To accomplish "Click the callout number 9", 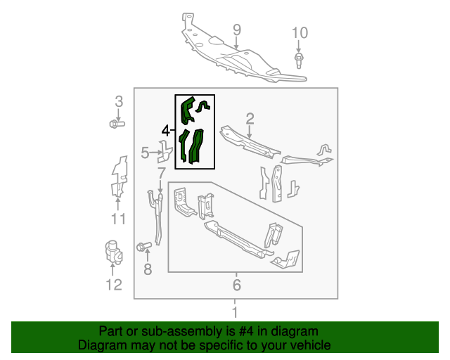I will (x=237, y=30).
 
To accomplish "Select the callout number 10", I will (x=300, y=32).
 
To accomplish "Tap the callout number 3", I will (x=118, y=101).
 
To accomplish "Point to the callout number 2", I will (x=250, y=118).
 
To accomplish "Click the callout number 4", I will (x=166, y=130).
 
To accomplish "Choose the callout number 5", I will (x=146, y=153).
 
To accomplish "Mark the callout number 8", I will (x=147, y=269).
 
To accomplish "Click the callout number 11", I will (x=118, y=219).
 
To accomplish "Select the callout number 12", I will (x=114, y=285).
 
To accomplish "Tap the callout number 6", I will (x=236, y=285).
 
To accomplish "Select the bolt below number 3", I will (x=117, y=124).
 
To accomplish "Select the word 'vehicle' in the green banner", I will (x=307, y=345).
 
